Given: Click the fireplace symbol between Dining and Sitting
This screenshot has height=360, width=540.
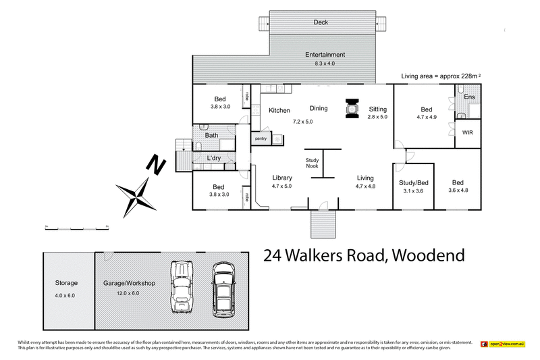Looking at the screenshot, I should click(352, 109).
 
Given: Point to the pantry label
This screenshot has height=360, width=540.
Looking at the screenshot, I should click(261, 138).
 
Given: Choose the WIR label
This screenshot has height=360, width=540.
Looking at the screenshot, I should click(468, 132).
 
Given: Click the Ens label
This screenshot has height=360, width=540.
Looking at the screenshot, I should click(469, 98).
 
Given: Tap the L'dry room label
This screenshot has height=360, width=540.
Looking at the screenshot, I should click(214, 158).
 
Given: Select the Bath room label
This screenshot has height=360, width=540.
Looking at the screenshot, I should click(211, 135).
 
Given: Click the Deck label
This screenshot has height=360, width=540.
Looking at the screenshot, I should click(321, 22).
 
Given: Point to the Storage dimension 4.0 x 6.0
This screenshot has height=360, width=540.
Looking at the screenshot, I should click(66, 294).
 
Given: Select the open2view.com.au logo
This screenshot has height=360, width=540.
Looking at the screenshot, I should click(502, 344).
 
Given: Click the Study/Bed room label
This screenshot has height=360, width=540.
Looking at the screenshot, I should click(413, 183).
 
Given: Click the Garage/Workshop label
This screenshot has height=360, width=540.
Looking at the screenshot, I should click(128, 284).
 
